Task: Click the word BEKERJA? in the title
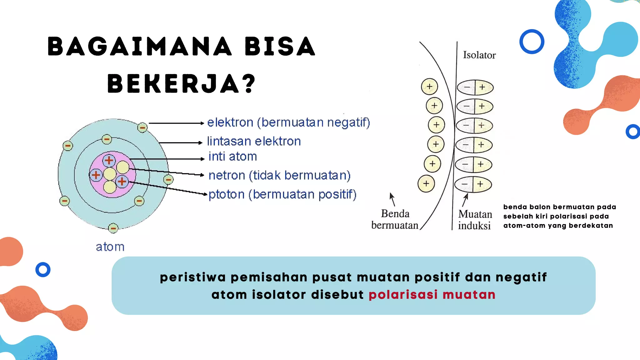(x=181, y=84)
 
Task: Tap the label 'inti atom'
(x=232, y=156)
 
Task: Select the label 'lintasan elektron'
(x=254, y=141)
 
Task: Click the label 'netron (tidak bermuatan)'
(x=279, y=175)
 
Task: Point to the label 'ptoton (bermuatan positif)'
(x=282, y=194)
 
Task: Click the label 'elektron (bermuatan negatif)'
(x=288, y=122)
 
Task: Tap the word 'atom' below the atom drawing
(x=110, y=247)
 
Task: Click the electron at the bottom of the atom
(x=113, y=228)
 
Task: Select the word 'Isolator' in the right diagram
(x=479, y=55)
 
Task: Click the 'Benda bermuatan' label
(x=395, y=219)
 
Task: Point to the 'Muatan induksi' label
(x=475, y=220)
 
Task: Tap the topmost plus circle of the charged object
(x=429, y=87)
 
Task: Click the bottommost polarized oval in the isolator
(x=473, y=184)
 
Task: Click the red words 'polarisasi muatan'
(x=432, y=295)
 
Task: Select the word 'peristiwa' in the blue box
(x=192, y=277)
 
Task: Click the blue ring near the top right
(x=532, y=42)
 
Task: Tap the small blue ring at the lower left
(x=43, y=269)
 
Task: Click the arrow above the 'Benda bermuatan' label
(x=392, y=199)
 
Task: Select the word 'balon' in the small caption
(x=540, y=207)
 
